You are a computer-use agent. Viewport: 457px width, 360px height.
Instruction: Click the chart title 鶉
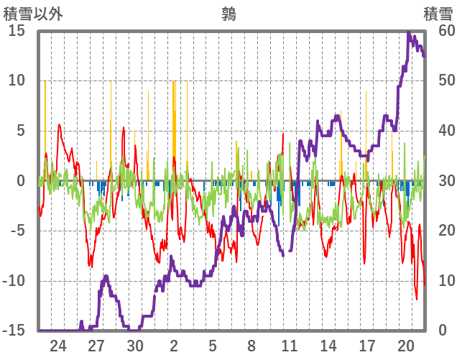[x=228, y=14]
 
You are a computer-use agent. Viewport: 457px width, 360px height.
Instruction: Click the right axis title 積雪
[x=438, y=14]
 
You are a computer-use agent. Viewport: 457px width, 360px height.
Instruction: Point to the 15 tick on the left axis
[x=17, y=31]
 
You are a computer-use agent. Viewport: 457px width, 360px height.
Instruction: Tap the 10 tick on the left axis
[x=17, y=80]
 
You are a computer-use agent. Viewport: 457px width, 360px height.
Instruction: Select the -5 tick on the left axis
[x=17, y=231]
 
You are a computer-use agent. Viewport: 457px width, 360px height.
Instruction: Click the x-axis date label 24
[x=58, y=346]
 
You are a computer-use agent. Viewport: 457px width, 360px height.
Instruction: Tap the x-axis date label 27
[x=97, y=346]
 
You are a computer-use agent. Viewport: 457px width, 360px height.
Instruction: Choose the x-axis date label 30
[x=135, y=346]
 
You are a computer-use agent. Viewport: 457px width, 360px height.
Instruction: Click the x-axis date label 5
[x=213, y=346]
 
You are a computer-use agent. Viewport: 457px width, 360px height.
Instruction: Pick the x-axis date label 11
[x=290, y=346]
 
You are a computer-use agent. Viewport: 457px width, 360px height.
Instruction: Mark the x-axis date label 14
[x=328, y=346]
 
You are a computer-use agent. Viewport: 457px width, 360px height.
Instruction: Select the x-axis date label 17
[x=367, y=346]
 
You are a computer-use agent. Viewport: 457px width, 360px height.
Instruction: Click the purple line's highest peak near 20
[x=409, y=32]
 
